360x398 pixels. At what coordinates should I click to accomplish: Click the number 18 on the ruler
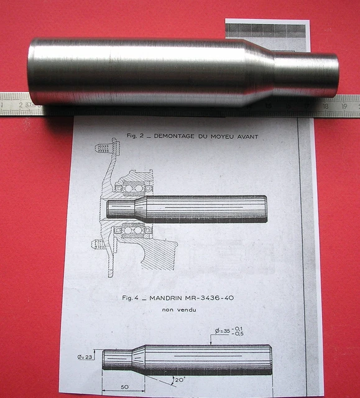click(x=325, y=106)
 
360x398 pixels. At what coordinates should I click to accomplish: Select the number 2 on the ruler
click(x=21, y=104)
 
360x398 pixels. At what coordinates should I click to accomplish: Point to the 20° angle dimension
click(x=179, y=379)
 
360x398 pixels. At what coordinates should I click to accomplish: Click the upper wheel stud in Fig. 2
click(x=105, y=149)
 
